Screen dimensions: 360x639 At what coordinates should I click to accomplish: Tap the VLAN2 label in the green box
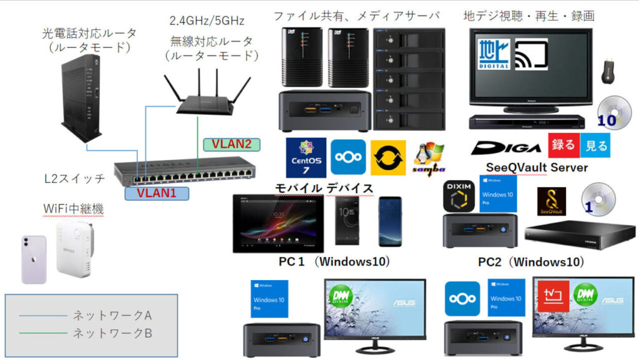232,144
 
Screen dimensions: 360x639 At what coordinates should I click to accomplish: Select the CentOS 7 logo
305,157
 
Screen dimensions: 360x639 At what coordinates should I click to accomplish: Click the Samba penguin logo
428,159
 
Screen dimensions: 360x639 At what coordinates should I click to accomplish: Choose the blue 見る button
595,146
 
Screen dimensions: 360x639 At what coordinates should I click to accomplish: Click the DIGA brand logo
506,148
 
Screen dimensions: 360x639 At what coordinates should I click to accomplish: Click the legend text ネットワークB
112,333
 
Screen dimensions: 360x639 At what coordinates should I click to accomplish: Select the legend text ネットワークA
112,315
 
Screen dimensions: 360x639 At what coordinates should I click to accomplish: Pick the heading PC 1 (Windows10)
334,261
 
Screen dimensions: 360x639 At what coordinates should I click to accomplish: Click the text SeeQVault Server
536,168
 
